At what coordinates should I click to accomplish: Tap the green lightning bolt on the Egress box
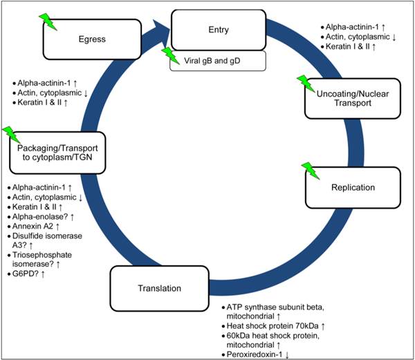pyautogui.click(x=48, y=21)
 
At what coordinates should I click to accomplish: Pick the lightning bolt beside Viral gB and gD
pyautogui.click(x=169, y=55)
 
